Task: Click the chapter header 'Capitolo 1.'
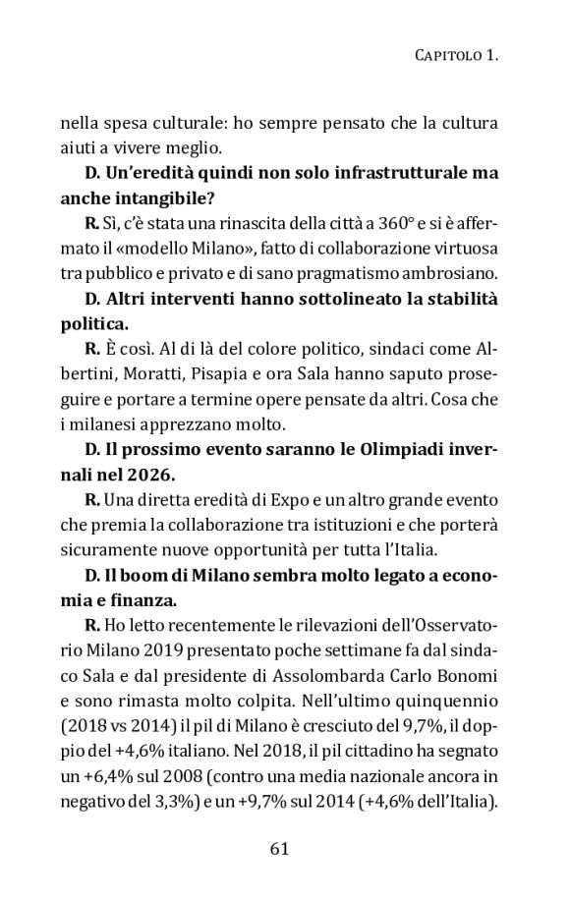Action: pos(452,58)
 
